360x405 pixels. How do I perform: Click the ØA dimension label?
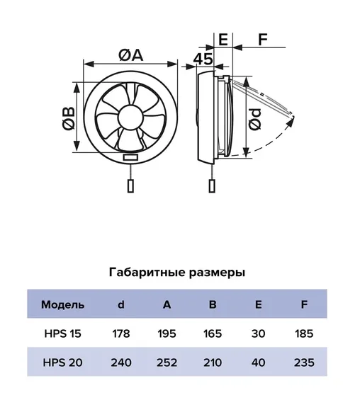(x=131, y=55)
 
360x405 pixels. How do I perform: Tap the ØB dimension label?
(x=69, y=118)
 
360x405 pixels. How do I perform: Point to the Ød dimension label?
(x=255, y=119)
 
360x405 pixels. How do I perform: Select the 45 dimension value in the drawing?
(x=203, y=59)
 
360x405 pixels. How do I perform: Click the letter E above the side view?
(x=223, y=40)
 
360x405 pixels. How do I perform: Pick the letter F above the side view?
(x=263, y=40)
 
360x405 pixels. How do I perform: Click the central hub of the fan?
(x=130, y=118)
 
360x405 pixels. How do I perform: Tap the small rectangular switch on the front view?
(x=130, y=157)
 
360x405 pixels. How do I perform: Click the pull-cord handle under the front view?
(x=131, y=186)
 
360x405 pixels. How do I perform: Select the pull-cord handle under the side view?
(x=212, y=186)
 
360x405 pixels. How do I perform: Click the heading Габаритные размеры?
(x=177, y=273)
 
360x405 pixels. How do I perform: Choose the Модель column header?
(x=63, y=304)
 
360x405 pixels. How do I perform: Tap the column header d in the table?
(x=121, y=304)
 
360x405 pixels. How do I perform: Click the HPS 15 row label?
(x=63, y=333)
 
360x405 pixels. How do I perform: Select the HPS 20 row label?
(x=63, y=363)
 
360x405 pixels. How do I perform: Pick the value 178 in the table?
(x=121, y=333)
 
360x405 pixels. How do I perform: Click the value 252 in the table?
(x=167, y=363)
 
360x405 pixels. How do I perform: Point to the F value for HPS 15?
(x=304, y=333)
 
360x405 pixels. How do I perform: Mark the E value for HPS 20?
(x=258, y=363)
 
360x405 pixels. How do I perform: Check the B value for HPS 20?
(x=213, y=363)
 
